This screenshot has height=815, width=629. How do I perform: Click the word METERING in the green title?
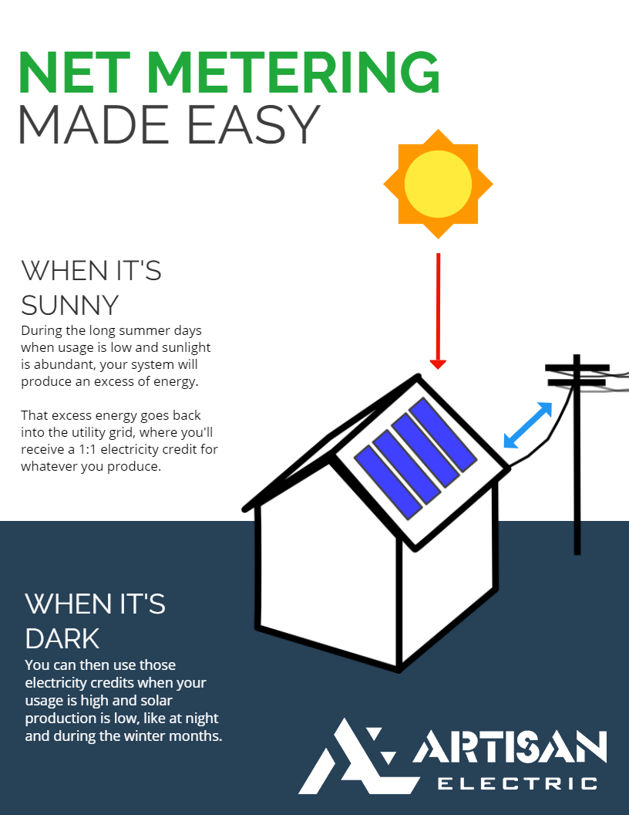[293, 73]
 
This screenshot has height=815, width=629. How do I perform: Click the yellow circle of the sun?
[438, 184]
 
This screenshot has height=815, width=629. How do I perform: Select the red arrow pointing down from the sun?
[438, 311]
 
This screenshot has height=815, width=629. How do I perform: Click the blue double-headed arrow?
[528, 425]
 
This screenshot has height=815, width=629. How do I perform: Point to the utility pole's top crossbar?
[577, 368]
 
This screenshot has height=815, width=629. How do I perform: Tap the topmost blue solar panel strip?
[442, 435]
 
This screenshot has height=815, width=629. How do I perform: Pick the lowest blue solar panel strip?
[388, 482]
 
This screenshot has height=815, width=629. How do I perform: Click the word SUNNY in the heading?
[70, 305]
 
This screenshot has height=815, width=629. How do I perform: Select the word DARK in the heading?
[62, 639]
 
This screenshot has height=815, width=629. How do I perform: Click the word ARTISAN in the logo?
[510, 747]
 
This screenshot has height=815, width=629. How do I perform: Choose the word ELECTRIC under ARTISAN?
[518, 783]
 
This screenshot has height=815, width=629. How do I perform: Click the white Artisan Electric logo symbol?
[359, 756]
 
